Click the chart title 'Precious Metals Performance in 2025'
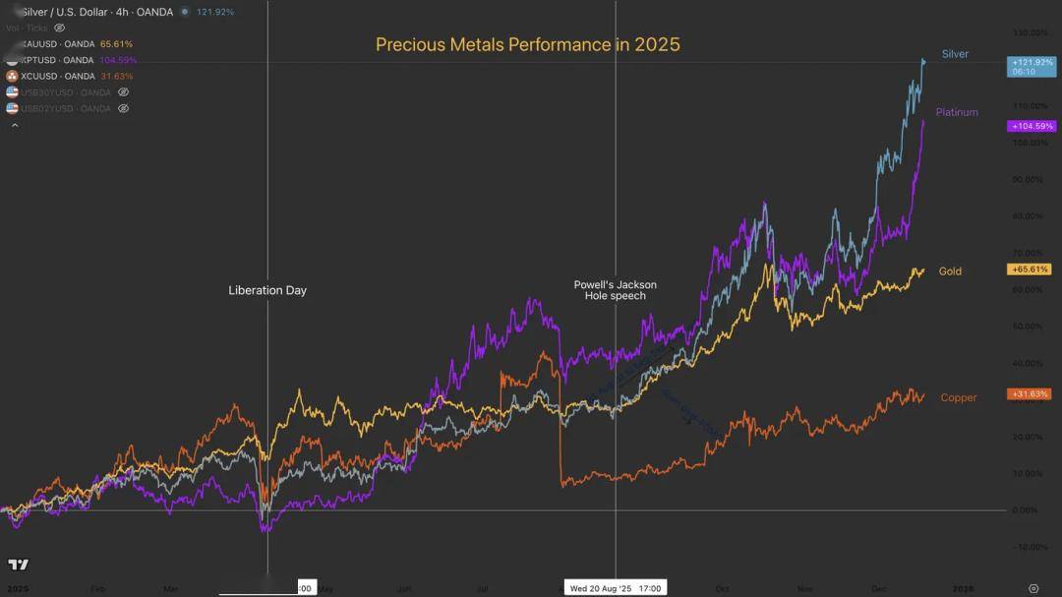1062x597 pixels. coord(527,44)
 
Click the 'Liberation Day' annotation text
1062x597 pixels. coord(267,290)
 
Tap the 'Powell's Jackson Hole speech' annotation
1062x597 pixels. coord(616,290)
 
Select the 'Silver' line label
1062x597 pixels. coord(955,54)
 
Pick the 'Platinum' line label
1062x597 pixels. coord(957,112)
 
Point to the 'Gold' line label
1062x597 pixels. coord(950,271)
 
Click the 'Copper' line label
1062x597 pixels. coord(959,397)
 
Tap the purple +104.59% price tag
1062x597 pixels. coord(1032,126)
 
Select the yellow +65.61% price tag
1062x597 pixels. coord(1030,269)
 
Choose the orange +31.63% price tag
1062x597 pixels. coord(1030,394)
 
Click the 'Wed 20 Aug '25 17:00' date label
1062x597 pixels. coord(616,588)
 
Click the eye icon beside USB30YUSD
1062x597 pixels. coord(123,92)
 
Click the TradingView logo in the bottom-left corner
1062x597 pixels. coord(18,565)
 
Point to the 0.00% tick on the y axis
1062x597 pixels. coord(1026,509)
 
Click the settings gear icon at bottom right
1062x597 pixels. coord(1032,588)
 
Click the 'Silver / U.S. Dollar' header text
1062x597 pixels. coord(67,12)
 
